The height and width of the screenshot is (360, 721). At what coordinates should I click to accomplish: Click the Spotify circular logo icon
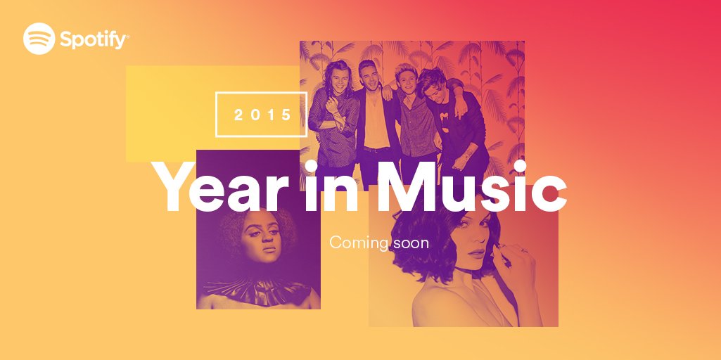pos(39,39)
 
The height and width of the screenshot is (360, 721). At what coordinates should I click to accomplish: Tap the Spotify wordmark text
pos(94,39)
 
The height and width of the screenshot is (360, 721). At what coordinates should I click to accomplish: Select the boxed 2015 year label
pos(262,114)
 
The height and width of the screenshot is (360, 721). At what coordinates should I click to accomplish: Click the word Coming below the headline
pos(358,243)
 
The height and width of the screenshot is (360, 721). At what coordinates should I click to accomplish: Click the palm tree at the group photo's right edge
pos(506,91)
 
